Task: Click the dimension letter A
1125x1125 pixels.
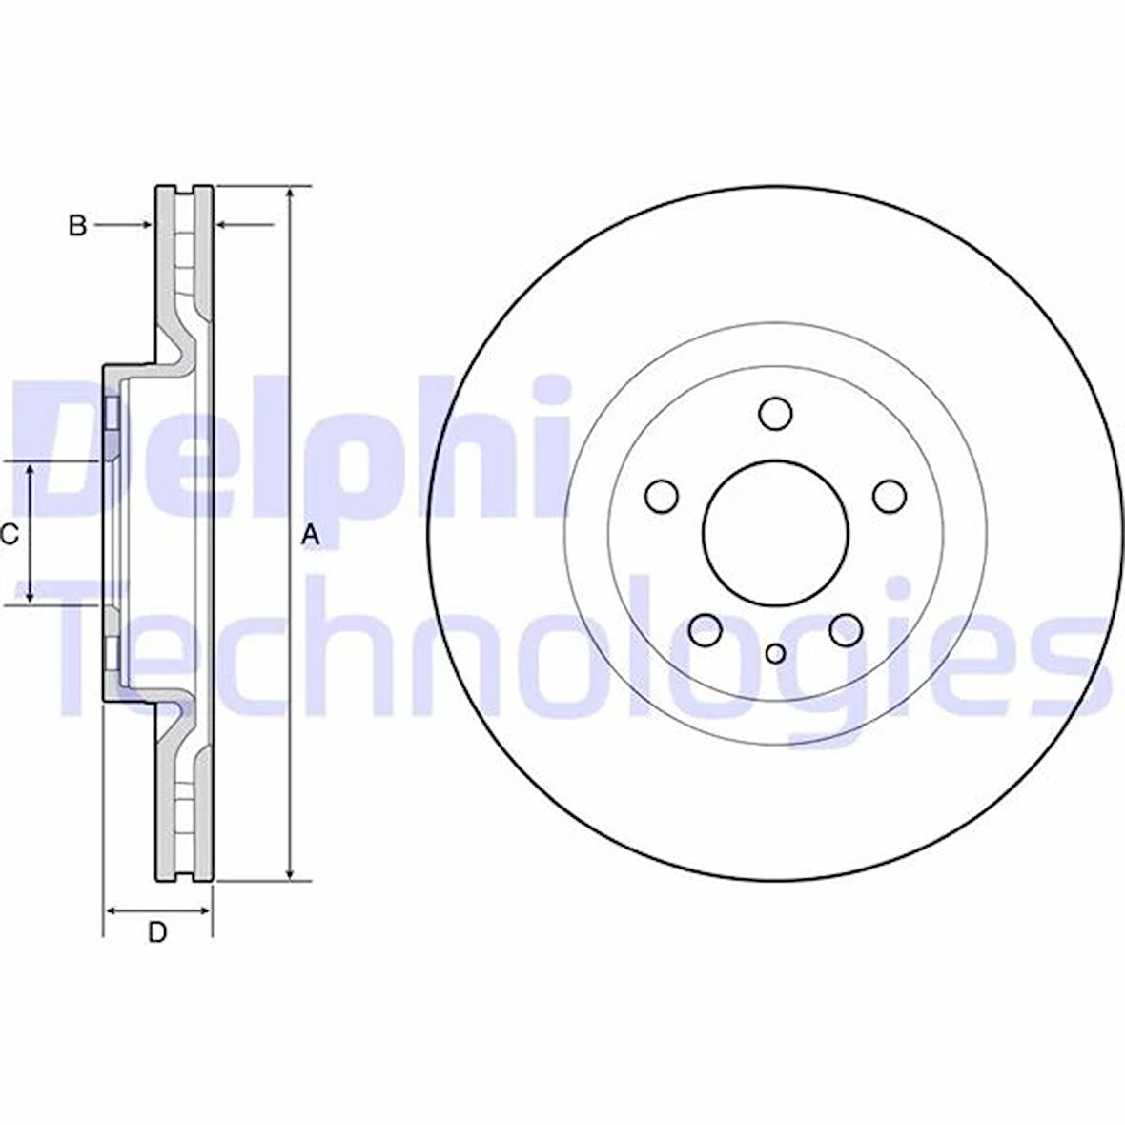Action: [309, 537]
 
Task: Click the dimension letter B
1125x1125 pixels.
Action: [78, 226]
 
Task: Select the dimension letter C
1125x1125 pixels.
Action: [10, 536]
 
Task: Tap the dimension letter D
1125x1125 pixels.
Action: [157, 932]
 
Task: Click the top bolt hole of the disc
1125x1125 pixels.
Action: [775, 413]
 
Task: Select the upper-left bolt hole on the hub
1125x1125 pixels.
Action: [661, 496]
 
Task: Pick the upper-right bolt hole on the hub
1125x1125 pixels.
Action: [889, 496]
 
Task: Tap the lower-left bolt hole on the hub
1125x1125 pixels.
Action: [705, 628]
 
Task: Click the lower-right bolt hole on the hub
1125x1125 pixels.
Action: [845, 628]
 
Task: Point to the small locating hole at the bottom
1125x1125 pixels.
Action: [775, 653]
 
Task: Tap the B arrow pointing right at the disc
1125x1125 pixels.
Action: [146, 225]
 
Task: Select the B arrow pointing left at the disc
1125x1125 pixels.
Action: [222, 225]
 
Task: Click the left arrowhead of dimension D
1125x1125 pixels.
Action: [111, 910]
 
